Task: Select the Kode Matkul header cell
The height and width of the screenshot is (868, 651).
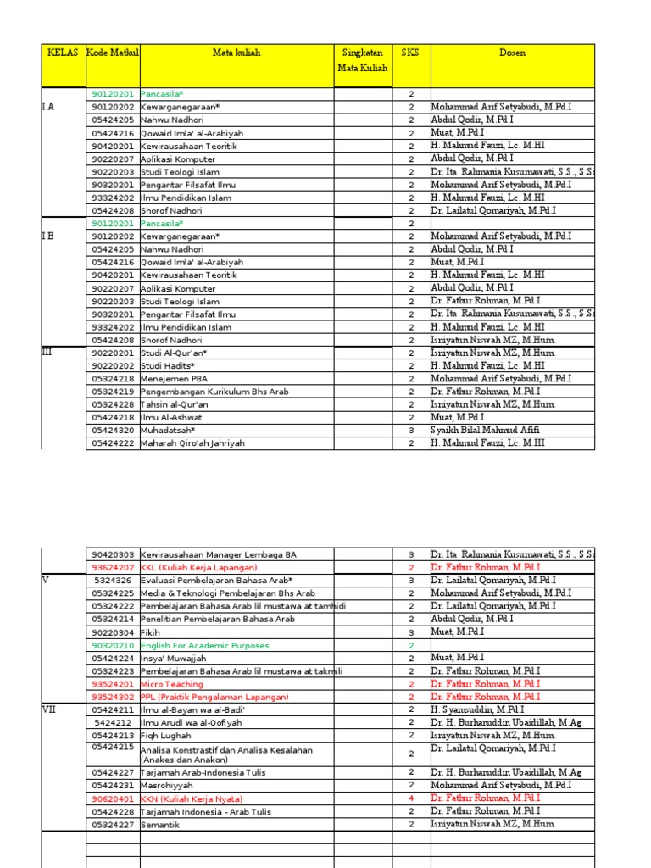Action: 113,53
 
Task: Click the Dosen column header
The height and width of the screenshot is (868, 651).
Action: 512,53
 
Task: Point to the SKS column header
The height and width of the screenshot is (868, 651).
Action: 410,53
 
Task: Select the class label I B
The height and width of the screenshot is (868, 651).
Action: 48,236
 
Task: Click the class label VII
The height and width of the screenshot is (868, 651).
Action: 49,709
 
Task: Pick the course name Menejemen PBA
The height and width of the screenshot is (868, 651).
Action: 174,379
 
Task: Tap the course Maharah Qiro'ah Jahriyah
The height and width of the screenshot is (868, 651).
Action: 192,443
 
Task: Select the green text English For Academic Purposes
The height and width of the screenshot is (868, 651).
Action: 204,646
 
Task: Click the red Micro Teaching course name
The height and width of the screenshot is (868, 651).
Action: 172,684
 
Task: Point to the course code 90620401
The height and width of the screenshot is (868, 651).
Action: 113,799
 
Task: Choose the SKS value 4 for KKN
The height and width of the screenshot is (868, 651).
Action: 411,799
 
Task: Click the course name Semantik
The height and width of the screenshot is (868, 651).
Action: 160,825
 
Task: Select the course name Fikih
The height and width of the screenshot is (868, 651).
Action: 150,632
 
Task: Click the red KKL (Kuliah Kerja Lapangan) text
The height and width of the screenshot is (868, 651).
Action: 198,568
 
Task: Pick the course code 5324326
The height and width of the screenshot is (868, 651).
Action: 113,581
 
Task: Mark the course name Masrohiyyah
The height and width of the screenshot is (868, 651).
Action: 167,786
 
